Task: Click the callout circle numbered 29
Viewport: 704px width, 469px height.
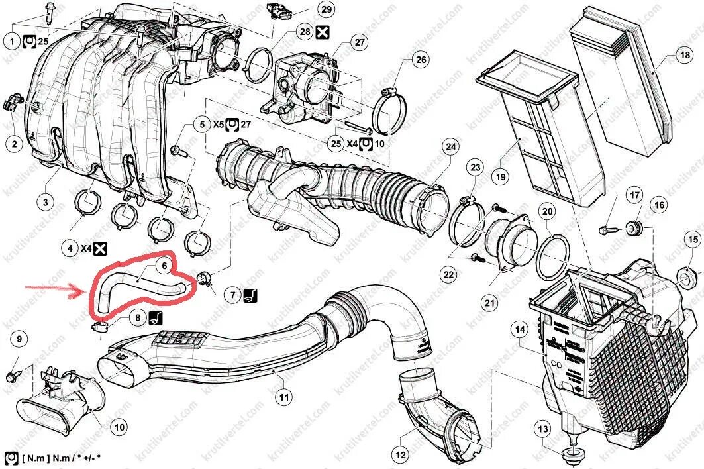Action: [x=325, y=9]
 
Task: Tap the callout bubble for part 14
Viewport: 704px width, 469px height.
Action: [x=519, y=329]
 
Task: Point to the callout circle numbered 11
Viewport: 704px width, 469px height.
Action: [x=283, y=397]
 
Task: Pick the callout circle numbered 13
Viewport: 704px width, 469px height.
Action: [x=543, y=430]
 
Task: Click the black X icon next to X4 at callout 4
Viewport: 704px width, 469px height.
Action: [x=100, y=248]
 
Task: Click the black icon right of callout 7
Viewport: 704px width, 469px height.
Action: [x=251, y=295]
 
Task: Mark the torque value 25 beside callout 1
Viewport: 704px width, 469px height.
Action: [x=43, y=41]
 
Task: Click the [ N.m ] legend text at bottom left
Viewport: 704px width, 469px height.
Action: [x=32, y=458]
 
